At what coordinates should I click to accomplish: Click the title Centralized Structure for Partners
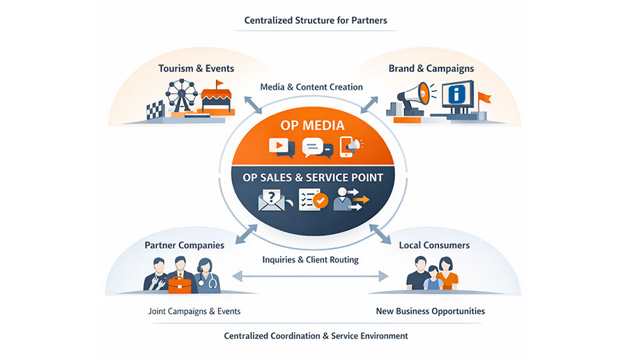pos(316,20)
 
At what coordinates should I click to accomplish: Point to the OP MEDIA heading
pos(313,125)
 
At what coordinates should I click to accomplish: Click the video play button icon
pos(280,146)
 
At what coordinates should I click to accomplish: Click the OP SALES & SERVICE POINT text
pos(313,177)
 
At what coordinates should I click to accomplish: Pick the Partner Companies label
pos(184,245)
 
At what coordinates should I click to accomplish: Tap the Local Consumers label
pos(434,245)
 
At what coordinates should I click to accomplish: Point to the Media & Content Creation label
pos(311,87)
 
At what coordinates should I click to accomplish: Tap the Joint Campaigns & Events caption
pos(194,311)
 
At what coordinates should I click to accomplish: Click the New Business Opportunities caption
pos(431,311)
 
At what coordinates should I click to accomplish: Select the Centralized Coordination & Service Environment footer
pos(316,336)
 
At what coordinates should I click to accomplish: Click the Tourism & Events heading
pos(196,68)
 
